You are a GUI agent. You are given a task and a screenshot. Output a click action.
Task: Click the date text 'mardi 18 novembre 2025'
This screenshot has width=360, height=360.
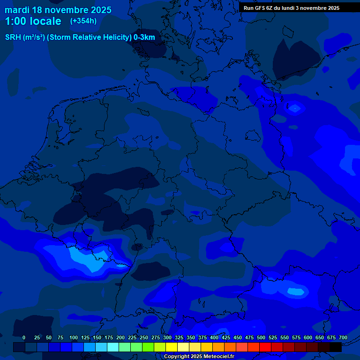point(58,10)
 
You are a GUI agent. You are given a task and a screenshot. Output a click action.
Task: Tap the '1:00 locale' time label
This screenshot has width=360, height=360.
point(33,21)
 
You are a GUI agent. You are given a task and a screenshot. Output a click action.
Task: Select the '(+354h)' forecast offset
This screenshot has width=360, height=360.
point(83,21)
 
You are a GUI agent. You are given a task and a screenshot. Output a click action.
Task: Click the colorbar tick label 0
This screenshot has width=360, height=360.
point(24,337)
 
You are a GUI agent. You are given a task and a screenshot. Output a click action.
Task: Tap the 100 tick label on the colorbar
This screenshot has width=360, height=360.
point(74,337)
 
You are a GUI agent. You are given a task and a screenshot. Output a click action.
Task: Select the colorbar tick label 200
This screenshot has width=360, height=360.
point(120,337)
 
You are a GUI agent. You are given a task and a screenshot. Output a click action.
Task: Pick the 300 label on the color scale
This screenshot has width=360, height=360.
point(167,337)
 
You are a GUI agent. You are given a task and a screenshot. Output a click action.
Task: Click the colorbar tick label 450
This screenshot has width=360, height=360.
point(238,337)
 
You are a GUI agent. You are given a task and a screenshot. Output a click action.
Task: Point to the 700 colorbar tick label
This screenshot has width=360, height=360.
point(343,337)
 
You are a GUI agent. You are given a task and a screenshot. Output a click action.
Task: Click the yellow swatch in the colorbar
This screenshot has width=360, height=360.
point(172,347)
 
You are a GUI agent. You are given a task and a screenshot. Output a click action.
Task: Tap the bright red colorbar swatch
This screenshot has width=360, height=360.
point(265,347)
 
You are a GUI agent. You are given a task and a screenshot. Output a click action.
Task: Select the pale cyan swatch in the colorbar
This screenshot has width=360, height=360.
point(113,347)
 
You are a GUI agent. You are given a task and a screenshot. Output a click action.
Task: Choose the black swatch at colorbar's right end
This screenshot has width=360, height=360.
point(336,347)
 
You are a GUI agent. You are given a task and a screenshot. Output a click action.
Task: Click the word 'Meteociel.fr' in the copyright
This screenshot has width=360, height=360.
point(219,357)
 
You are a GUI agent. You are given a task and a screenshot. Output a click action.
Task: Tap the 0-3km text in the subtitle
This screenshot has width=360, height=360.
point(144,37)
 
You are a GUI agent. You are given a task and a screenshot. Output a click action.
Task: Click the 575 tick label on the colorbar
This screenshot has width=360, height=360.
point(296,337)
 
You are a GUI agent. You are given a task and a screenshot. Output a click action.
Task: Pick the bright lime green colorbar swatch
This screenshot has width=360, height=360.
point(148,347)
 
